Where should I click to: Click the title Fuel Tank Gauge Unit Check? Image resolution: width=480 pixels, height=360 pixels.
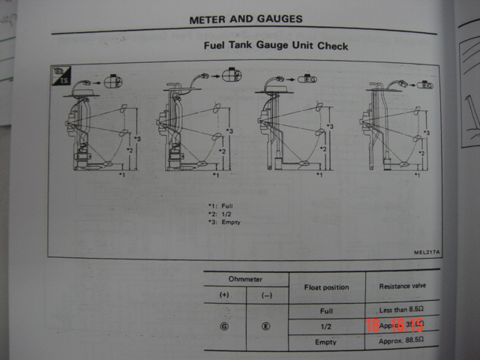276,46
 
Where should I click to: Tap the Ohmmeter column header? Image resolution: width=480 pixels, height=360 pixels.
246,279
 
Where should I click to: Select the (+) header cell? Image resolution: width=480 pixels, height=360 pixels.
223,295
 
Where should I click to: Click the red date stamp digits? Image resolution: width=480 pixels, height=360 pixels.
394,325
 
